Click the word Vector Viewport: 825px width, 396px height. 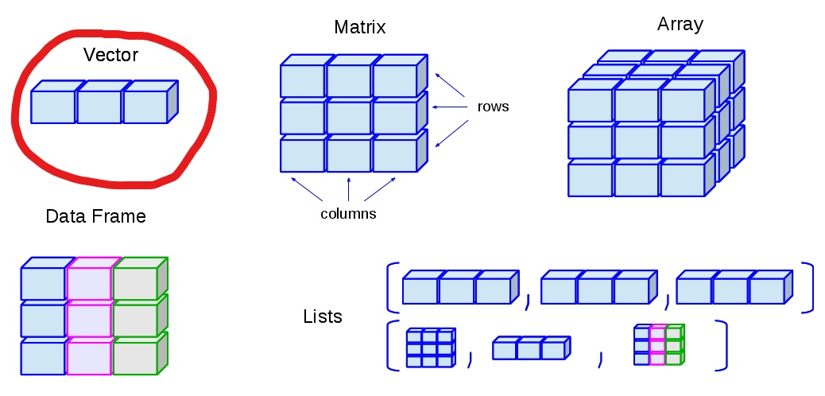tap(110, 55)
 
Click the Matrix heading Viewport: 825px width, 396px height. tap(359, 28)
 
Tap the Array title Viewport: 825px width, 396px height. tap(680, 25)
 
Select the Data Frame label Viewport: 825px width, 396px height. tap(95, 216)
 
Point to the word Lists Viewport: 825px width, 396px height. tap(323, 316)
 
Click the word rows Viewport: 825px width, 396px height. tap(493, 107)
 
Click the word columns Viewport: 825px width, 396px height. tap(348, 214)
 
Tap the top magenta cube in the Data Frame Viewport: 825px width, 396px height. tap(89, 283)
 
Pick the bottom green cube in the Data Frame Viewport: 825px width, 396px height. tap(134, 357)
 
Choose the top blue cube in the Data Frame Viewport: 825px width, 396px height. tap(42, 283)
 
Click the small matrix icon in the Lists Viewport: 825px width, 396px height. tap(429, 348)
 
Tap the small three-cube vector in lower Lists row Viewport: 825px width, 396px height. tap(528, 349)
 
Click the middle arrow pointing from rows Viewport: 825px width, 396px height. tap(450, 107)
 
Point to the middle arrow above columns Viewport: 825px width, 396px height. tap(348, 188)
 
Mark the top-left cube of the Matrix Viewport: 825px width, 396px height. tap(302, 80)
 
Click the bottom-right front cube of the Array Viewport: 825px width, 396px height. tap(682, 180)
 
